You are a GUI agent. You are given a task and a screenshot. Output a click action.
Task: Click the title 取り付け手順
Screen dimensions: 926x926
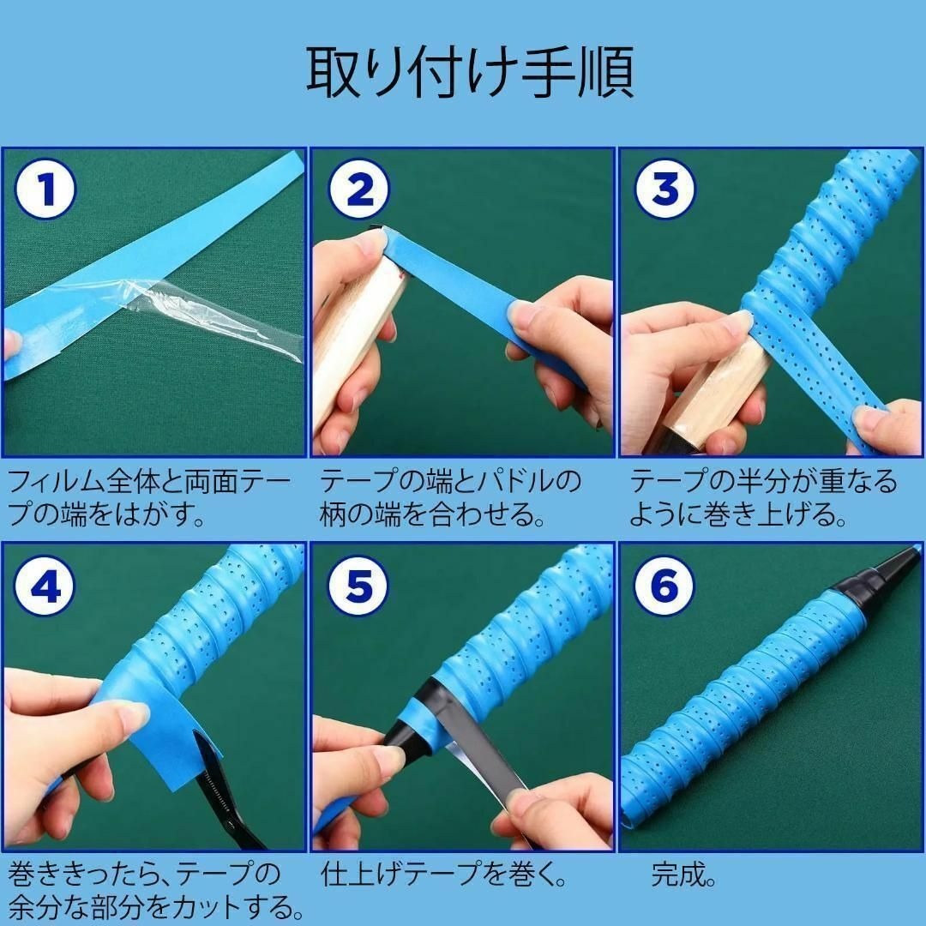click(x=470, y=73)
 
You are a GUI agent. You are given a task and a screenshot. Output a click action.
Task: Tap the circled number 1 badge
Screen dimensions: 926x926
click(x=45, y=189)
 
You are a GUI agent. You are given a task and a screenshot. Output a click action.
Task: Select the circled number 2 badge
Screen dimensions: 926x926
click(x=359, y=189)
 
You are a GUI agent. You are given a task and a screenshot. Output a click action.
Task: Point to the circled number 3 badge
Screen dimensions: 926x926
click(x=665, y=189)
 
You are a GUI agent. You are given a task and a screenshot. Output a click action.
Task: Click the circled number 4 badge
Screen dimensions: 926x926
click(x=45, y=586)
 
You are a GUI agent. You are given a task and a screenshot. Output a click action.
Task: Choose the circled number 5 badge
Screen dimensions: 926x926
click(x=359, y=586)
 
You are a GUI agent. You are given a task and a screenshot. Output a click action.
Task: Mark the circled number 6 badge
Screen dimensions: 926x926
click(x=665, y=586)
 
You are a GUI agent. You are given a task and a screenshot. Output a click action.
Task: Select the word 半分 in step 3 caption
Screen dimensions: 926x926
click(x=763, y=482)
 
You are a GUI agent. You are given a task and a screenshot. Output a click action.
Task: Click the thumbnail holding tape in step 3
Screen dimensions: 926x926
click(x=739, y=322)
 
